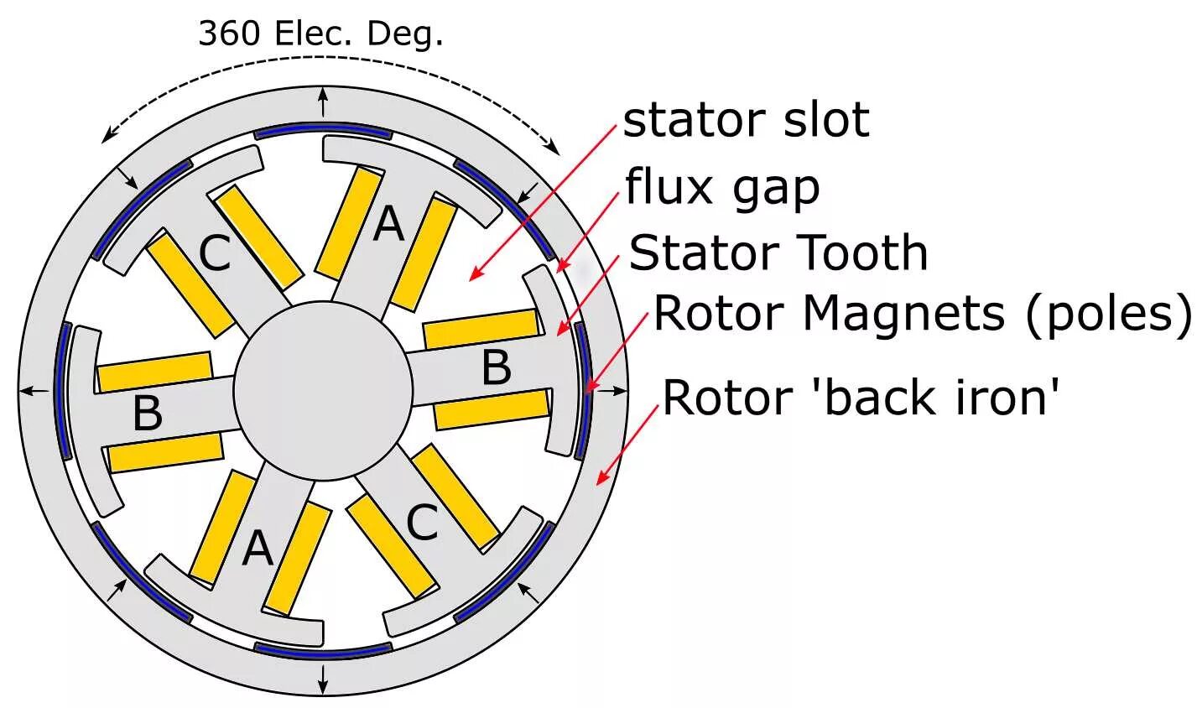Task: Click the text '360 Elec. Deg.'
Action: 320,34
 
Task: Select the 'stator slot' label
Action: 746,120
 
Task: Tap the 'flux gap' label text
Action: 722,188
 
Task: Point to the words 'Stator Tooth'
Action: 778,252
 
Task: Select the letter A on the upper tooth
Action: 388,225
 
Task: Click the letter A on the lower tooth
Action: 258,550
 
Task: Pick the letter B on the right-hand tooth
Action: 497,367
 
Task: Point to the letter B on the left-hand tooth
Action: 148,413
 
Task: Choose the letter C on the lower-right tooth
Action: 422,524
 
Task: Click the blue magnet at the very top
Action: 322,133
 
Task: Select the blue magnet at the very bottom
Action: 322,648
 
